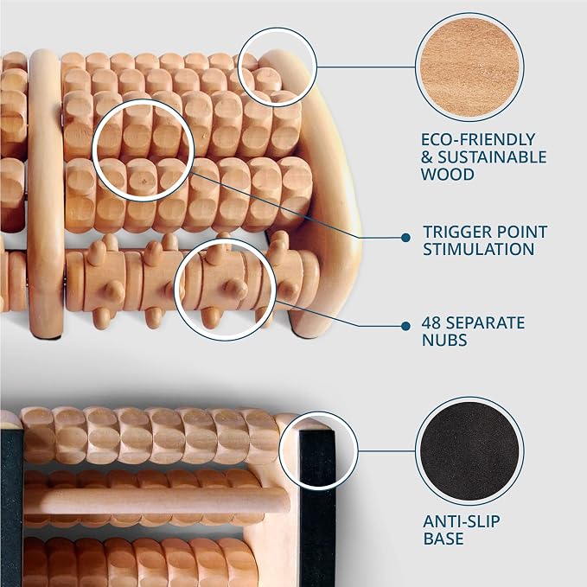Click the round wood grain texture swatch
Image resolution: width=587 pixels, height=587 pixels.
pyautogui.click(x=469, y=67)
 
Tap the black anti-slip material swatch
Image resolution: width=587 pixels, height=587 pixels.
pyautogui.click(x=469, y=451)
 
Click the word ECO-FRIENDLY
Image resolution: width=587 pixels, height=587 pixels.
pyautogui.click(x=478, y=140)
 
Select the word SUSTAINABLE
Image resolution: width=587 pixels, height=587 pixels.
pyautogui.click(x=492, y=157)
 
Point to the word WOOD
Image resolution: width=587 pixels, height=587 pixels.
pyautogui.click(x=447, y=175)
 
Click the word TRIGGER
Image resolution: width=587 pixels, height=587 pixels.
pyautogui.click(x=455, y=232)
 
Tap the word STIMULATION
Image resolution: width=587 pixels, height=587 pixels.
pyautogui.click(x=478, y=249)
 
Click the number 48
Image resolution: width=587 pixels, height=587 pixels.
pyautogui.click(x=431, y=322)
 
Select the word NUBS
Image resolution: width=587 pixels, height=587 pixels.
pyautogui.click(x=444, y=340)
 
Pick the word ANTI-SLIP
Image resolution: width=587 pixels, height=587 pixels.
pyautogui.click(x=462, y=521)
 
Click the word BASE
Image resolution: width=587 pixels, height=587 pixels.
pyautogui.click(x=443, y=539)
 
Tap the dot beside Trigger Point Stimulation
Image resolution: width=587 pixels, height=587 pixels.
pyautogui.click(x=405, y=238)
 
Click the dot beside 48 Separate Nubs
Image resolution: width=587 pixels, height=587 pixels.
pyautogui.click(x=405, y=326)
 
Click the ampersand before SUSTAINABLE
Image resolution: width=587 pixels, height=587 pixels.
pyautogui.click(x=427, y=157)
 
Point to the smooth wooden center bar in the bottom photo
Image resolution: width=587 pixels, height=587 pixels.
pyautogui.click(x=157, y=501)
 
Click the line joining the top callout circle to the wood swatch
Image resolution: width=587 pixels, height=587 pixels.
pyautogui.click(x=366, y=67)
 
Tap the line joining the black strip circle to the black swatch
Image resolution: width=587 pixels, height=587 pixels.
pyautogui.click(x=386, y=451)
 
